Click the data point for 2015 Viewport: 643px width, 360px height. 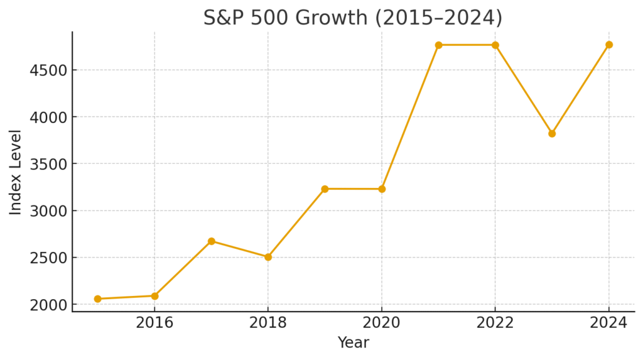(x=97, y=299)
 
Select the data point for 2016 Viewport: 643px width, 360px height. (x=154, y=296)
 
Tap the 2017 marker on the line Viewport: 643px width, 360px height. (x=212, y=241)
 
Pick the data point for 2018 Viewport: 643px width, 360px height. (x=268, y=257)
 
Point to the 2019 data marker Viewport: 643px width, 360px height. (x=325, y=189)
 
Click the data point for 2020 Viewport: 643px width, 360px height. (x=382, y=189)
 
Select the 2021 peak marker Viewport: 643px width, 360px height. (x=438, y=45)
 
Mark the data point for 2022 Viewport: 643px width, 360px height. (x=495, y=45)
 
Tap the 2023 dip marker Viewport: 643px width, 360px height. (x=552, y=134)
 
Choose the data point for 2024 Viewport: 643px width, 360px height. (x=609, y=45)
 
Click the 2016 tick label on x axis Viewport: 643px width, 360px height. (x=154, y=323)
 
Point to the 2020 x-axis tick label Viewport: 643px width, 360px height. (x=382, y=323)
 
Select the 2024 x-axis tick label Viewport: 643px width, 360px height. (x=609, y=323)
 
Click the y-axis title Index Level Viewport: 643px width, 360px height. (x=16, y=172)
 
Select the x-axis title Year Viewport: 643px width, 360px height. (x=353, y=343)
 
